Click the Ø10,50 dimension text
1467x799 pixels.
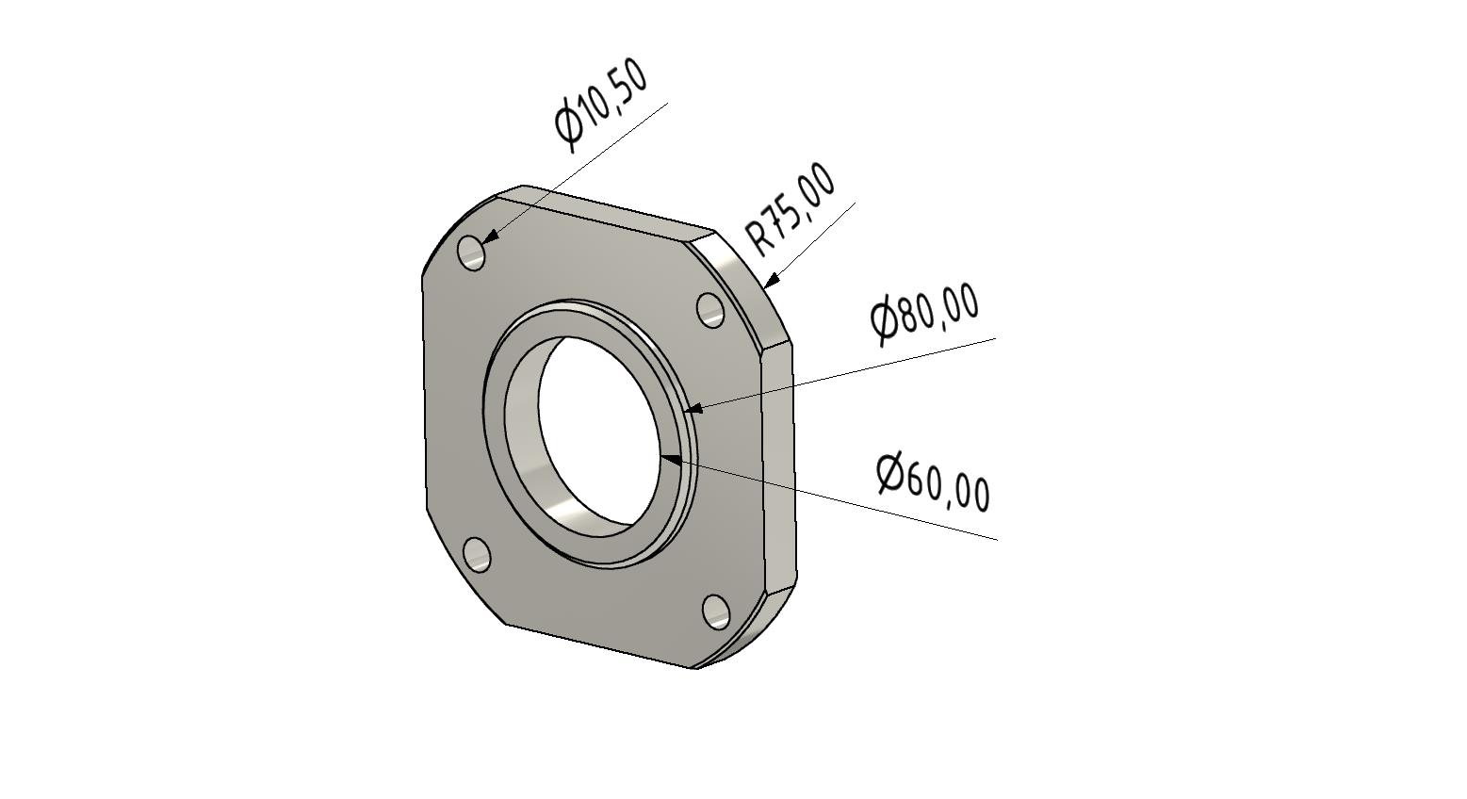coord(601,105)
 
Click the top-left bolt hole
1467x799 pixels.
coord(471,253)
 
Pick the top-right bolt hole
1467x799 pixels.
coord(709,310)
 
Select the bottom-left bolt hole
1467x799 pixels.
coord(477,554)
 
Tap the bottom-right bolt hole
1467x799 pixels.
coord(716,611)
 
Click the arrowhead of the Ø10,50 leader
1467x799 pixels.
coord(490,238)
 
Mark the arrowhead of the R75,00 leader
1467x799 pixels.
coord(771,280)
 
